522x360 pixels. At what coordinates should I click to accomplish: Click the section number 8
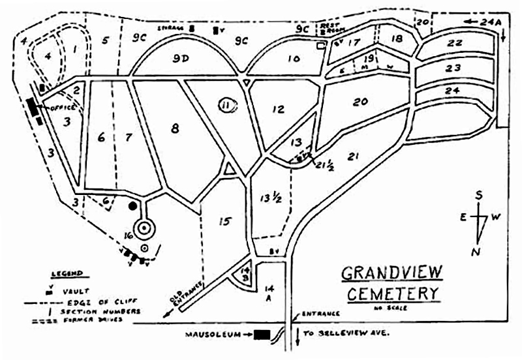click(x=174, y=129)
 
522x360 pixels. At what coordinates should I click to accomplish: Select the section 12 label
click(x=279, y=109)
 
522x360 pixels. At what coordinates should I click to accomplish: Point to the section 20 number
click(x=360, y=101)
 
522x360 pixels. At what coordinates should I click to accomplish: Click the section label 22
click(x=455, y=43)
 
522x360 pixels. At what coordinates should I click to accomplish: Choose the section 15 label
click(x=224, y=222)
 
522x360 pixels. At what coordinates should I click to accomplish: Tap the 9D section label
click(x=181, y=59)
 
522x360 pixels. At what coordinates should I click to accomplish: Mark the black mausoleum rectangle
click(x=262, y=335)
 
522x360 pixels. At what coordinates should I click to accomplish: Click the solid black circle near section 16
click(x=133, y=206)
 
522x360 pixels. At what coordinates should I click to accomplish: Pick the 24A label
click(x=489, y=22)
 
